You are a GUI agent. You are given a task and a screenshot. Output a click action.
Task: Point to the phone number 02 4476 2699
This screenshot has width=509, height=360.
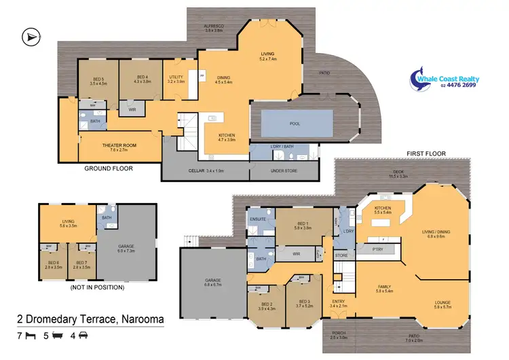point(457,85)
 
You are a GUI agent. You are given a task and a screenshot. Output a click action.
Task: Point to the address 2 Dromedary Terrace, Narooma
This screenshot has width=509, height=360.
point(94,319)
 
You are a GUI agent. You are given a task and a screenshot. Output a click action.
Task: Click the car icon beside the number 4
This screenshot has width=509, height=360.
point(83,335)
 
